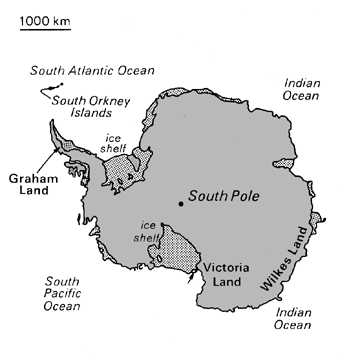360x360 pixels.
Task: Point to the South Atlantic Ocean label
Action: coord(91,70)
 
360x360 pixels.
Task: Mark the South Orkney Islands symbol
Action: coord(45,95)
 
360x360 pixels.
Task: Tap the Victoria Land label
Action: coord(225,277)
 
